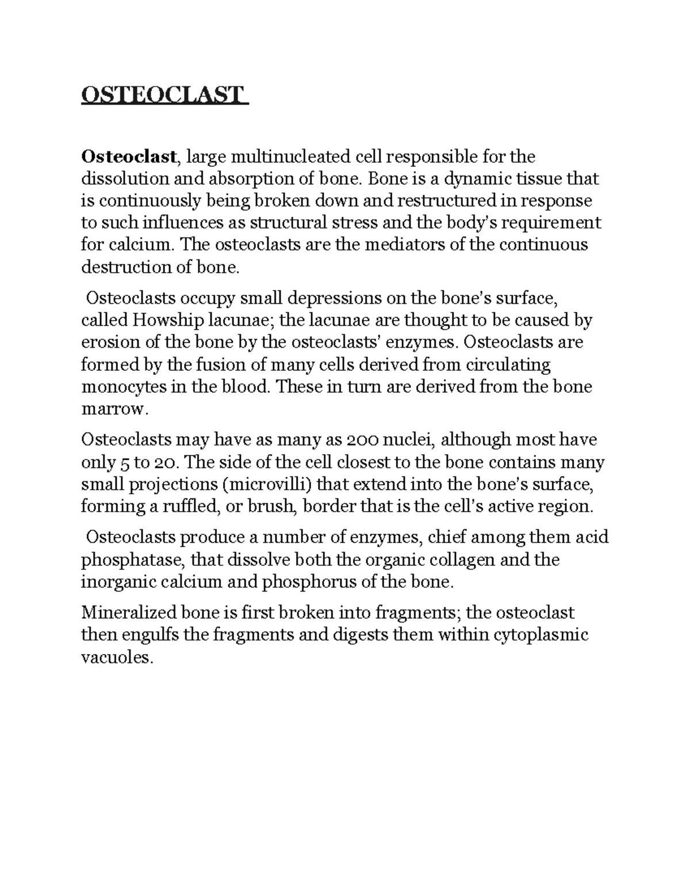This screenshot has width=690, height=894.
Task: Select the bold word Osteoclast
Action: coord(128,157)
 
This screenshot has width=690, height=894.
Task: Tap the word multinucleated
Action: coord(291,157)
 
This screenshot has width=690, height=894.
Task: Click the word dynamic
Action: coord(465,179)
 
